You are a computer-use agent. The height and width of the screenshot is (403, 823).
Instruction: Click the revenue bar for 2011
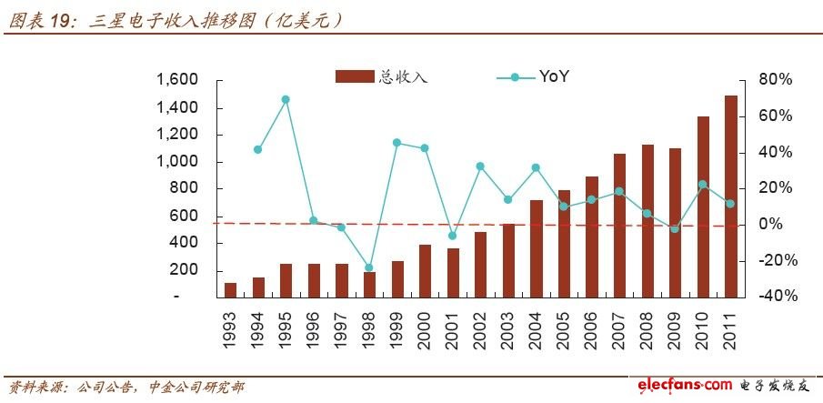[730, 196]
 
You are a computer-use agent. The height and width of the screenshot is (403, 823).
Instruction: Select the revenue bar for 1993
[230, 289]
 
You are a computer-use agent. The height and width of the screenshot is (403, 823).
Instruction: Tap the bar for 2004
[536, 248]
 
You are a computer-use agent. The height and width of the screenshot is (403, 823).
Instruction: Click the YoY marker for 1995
[285, 99]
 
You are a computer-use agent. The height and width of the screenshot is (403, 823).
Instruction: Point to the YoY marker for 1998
[368, 268]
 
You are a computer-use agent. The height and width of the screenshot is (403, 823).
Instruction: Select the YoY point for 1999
[396, 143]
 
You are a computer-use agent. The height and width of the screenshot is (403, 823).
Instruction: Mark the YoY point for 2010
[702, 185]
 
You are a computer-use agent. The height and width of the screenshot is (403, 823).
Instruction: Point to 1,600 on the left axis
[176, 80]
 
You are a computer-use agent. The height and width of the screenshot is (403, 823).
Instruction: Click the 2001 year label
[452, 327]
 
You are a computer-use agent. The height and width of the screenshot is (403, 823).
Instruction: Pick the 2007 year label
[619, 327]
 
